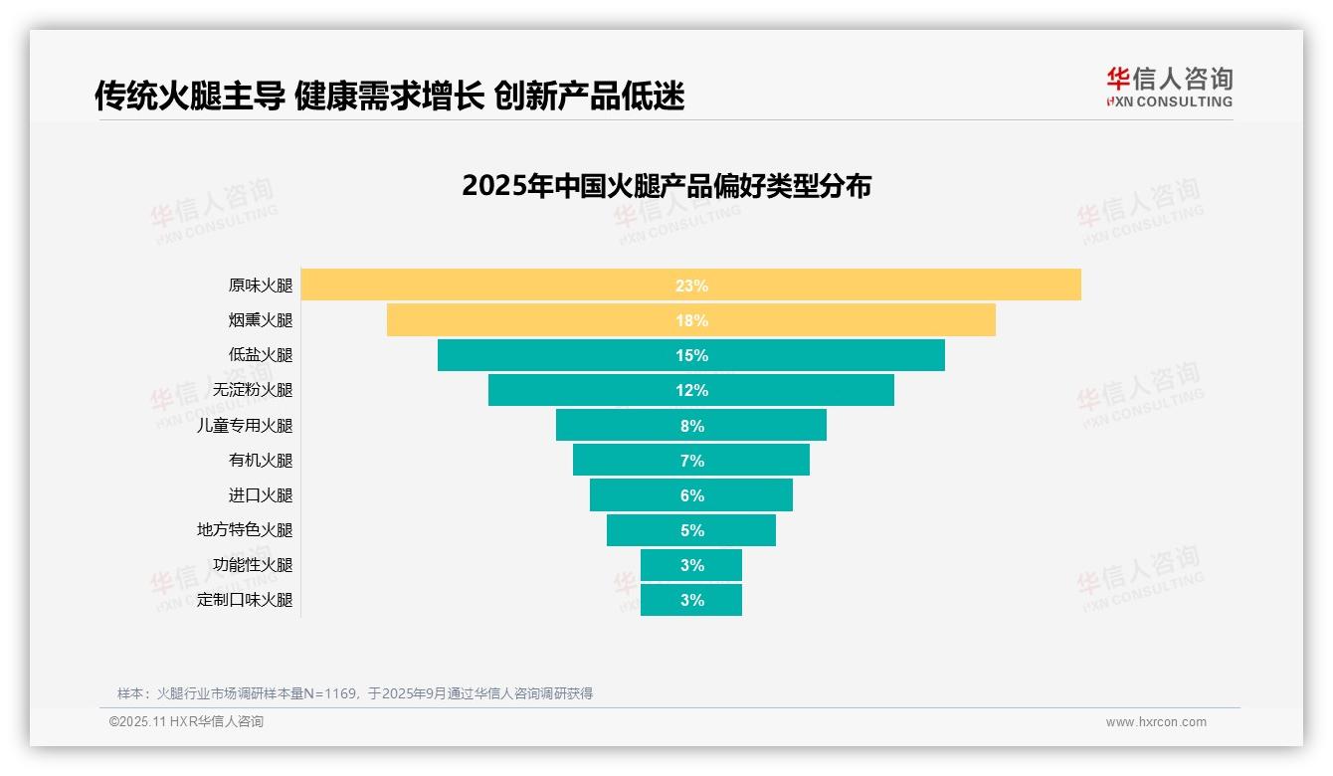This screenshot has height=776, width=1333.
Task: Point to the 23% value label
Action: pos(691,286)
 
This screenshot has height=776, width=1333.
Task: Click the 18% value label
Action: pos(691,320)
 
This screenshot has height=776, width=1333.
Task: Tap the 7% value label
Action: pos(691,461)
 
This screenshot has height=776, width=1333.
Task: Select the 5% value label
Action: pos(691,530)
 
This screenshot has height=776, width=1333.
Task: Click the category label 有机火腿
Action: pos(261,461)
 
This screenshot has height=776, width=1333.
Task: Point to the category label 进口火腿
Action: pos(261,495)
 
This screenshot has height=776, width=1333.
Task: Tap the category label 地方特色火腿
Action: pos(245,530)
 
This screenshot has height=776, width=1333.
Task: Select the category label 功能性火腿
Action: pos(253,565)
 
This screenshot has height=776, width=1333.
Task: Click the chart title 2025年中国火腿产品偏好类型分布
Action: pos(666,186)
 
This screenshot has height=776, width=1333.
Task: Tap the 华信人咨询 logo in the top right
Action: pos(1169,87)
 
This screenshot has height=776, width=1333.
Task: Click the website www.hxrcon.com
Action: pos(1156,722)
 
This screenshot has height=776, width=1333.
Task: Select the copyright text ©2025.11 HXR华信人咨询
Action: pos(186,722)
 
